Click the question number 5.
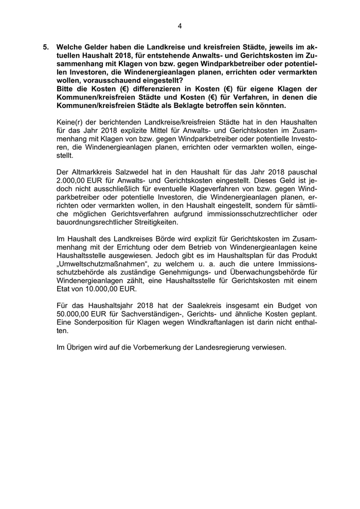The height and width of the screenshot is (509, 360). (x=46, y=46)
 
